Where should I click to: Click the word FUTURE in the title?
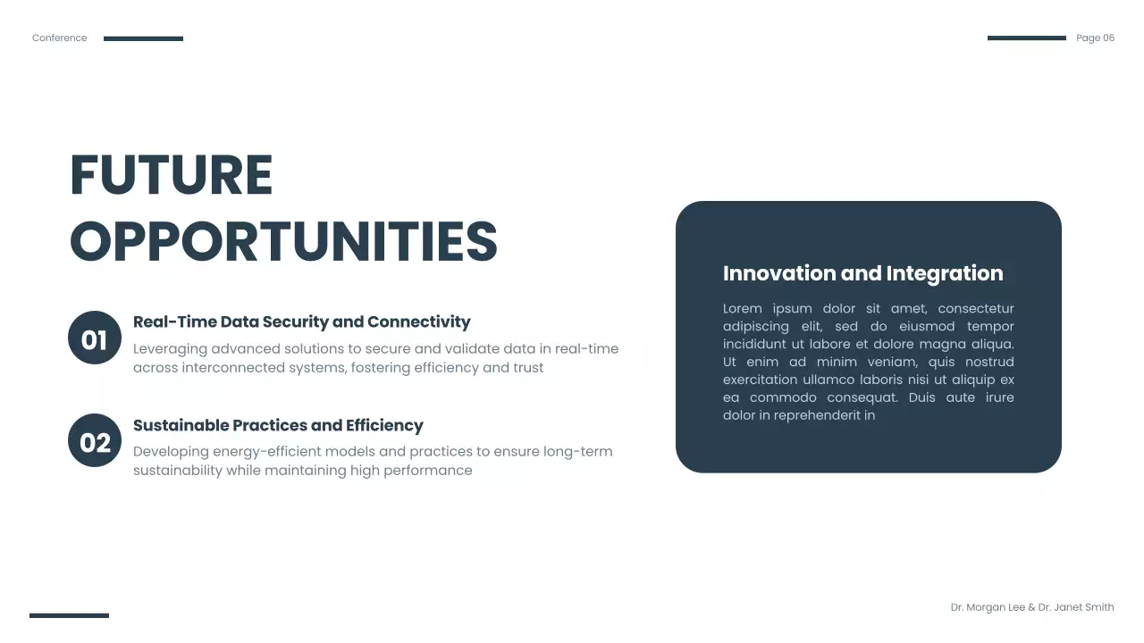click(x=171, y=175)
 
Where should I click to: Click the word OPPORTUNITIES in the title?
click(x=283, y=241)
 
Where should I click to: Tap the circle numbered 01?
click(x=95, y=338)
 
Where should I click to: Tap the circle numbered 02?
click(x=95, y=441)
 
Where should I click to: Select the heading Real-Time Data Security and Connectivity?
click(x=301, y=321)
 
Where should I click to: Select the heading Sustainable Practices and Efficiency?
click(x=278, y=425)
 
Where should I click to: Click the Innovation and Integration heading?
click(x=862, y=273)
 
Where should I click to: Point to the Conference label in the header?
click(x=60, y=38)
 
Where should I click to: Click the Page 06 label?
click(x=1095, y=38)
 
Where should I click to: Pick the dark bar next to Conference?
click(x=143, y=38)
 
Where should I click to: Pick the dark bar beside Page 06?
click(x=1026, y=38)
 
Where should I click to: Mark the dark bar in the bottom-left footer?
click(x=69, y=615)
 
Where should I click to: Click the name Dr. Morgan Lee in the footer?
click(x=988, y=607)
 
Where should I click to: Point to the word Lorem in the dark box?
click(x=742, y=309)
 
